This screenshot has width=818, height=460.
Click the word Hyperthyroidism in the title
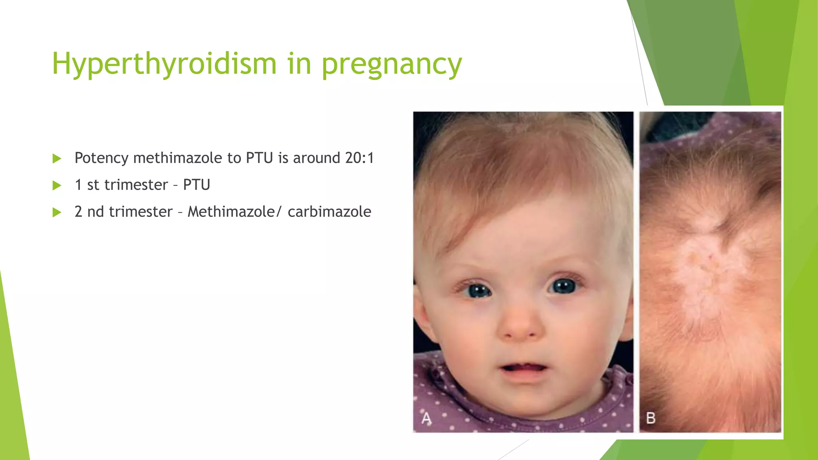164,64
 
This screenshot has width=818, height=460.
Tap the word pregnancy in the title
392,65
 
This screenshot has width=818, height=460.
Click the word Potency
101,159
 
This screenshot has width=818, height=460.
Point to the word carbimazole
329,212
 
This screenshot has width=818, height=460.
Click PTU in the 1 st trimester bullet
197,185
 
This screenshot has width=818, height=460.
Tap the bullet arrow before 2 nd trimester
57,212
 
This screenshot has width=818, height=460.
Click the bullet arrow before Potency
57,159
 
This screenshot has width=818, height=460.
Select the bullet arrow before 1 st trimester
57,186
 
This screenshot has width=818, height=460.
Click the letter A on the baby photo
427,418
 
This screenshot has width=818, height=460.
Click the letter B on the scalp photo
651,418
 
